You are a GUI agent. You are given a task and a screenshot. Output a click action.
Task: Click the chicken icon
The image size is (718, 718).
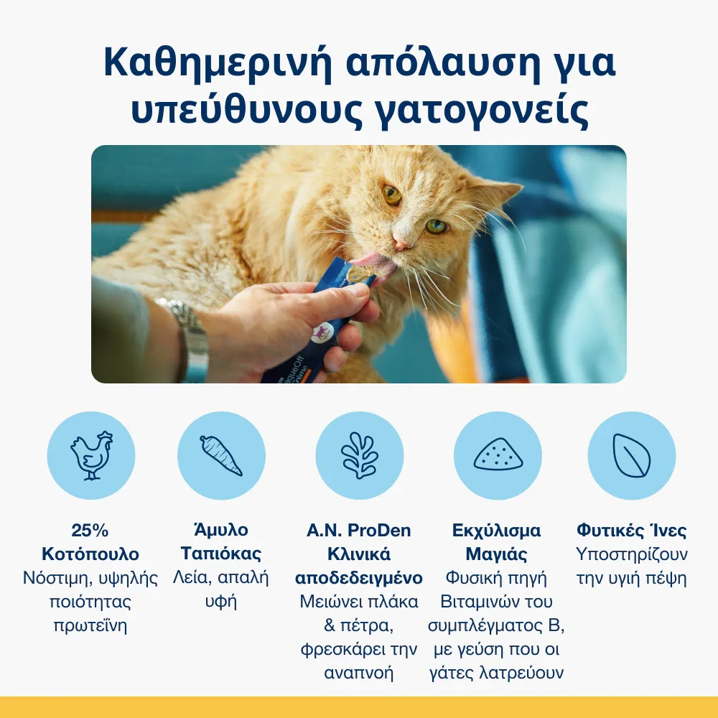[x=92, y=455]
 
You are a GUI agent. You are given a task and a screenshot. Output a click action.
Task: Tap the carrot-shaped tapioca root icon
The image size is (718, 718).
[x=221, y=455]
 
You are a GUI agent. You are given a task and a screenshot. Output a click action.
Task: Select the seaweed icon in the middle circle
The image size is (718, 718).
[x=360, y=455]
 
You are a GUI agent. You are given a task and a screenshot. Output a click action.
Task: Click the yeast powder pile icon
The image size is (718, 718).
[x=498, y=454]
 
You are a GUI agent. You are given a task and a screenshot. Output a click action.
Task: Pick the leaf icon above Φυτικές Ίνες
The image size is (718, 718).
[x=631, y=455]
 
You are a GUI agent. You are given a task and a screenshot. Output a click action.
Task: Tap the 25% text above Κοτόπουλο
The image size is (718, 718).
[x=90, y=531]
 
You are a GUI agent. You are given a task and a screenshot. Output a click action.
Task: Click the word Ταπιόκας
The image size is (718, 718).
[x=221, y=554]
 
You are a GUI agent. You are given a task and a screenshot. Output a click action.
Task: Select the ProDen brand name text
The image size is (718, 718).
[x=379, y=531]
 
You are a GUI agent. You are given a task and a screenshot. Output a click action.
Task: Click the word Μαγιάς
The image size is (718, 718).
[x=496, y=554]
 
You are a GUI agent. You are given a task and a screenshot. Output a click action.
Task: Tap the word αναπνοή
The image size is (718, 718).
[x=359, y=673]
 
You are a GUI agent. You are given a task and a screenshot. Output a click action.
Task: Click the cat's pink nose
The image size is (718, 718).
[x=401, y=243]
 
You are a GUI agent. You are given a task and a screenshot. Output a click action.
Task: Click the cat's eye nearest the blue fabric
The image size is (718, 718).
[x=436, y=225]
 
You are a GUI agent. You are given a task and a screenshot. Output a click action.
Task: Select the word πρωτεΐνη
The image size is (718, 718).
[x=90, y=626]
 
